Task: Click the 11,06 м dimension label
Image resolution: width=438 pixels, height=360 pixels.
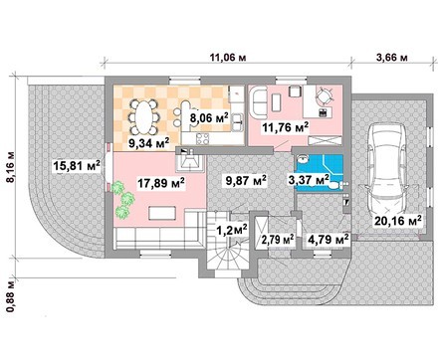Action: point(228,58)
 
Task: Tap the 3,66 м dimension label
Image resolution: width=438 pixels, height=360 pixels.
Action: point(391,57)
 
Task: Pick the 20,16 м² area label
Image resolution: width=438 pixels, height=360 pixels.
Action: point(398,221)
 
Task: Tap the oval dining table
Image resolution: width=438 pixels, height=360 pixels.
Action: point(143,116)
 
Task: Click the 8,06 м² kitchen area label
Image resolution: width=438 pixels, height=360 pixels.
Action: point(210,117)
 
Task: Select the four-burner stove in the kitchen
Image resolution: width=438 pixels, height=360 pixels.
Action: point(202,138)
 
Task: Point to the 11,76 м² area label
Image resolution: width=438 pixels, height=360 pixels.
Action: point(286,126)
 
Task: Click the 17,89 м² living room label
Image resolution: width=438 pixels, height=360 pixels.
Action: point(161,182)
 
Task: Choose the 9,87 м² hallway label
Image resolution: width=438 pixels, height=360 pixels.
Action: point(246,180)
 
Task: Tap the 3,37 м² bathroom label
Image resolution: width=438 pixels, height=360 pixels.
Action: point(309,180)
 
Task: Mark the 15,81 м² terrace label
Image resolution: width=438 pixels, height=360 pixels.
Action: point(77,166)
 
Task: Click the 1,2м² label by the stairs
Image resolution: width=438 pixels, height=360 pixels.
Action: point(232,229)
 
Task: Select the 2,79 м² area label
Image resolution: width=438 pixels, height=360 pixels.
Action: point(279,239)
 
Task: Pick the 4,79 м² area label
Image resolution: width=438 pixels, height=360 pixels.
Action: point(328,239)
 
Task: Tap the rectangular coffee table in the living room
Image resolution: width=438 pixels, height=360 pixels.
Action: point(162,213)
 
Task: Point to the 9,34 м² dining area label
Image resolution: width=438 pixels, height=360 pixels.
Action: point(149,143)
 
